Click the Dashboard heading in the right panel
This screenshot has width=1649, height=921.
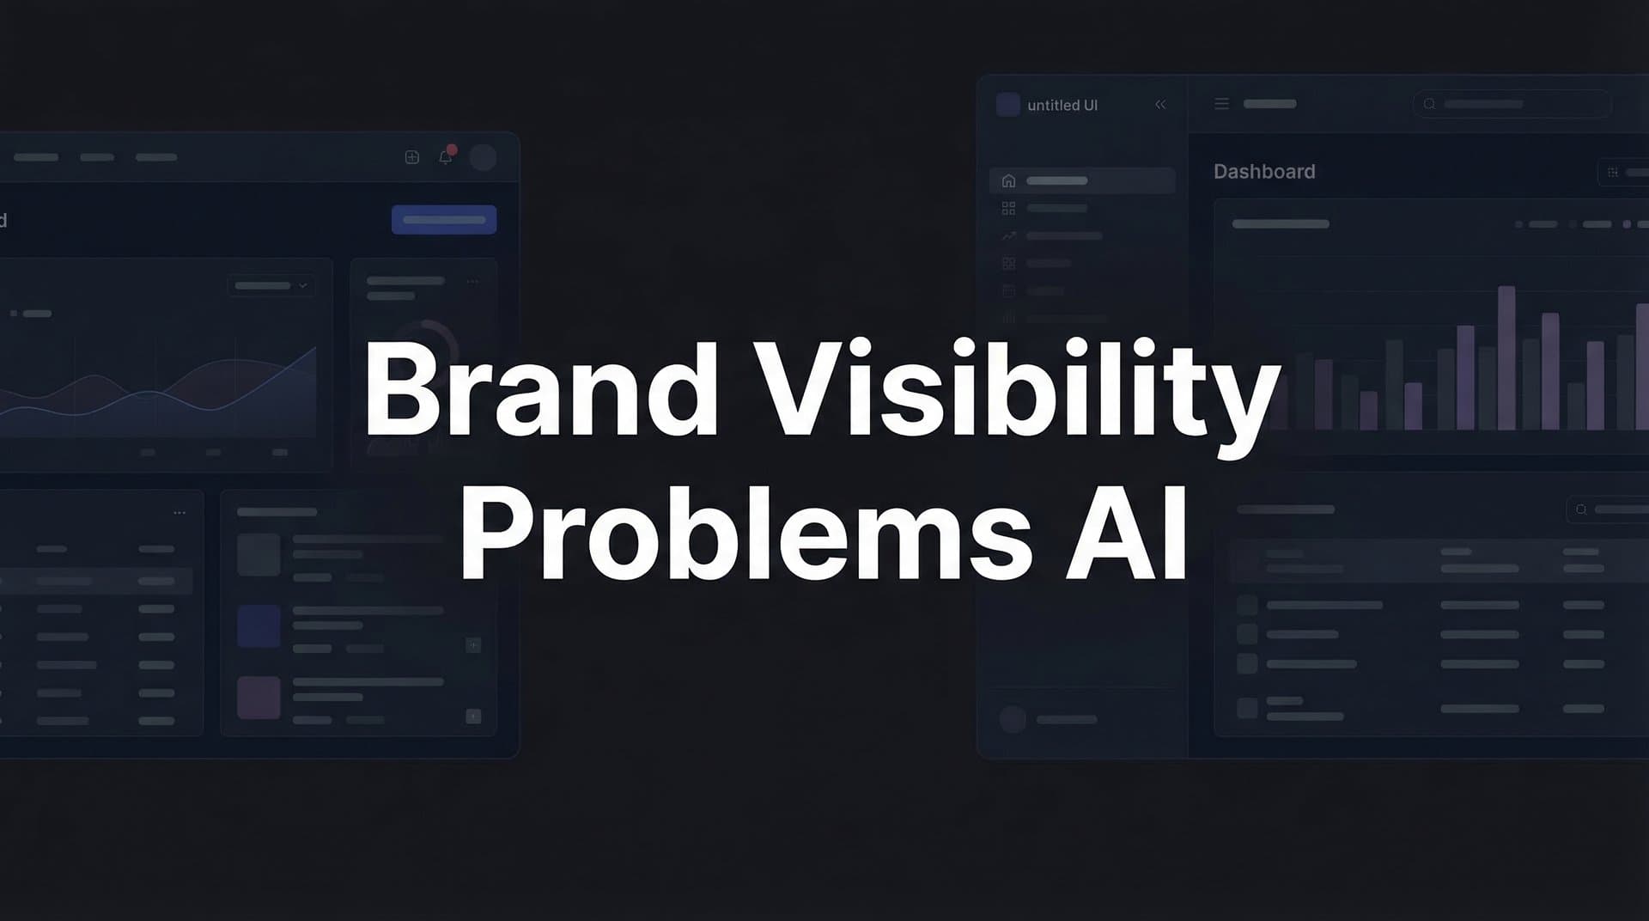(x=1264, y=172)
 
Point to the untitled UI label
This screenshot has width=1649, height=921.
(x=1062, y=106)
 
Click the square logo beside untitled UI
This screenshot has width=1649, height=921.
(x=1008, y=105)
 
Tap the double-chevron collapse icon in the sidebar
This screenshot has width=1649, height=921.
(x=1160, y=105)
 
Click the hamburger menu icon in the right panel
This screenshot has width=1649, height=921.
(x=1221, y=104)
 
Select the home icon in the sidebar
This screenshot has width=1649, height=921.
(x=1009, y=181)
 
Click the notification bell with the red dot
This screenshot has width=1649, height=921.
(x=446, y=156)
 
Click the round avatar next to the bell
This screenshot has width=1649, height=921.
(x=483, y=157)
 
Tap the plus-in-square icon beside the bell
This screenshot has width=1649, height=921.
(x=412, y=156)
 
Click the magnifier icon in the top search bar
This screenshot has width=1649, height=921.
(x=1429, y=104)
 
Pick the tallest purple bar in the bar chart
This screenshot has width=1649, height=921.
(x=1506, y=357)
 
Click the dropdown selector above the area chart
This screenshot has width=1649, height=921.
(x=271, y=285)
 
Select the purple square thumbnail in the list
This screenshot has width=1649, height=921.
(x=259, y=697)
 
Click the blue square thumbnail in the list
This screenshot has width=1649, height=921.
(x=259, y=625)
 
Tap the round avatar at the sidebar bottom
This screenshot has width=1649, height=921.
(x=1013, y=719)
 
